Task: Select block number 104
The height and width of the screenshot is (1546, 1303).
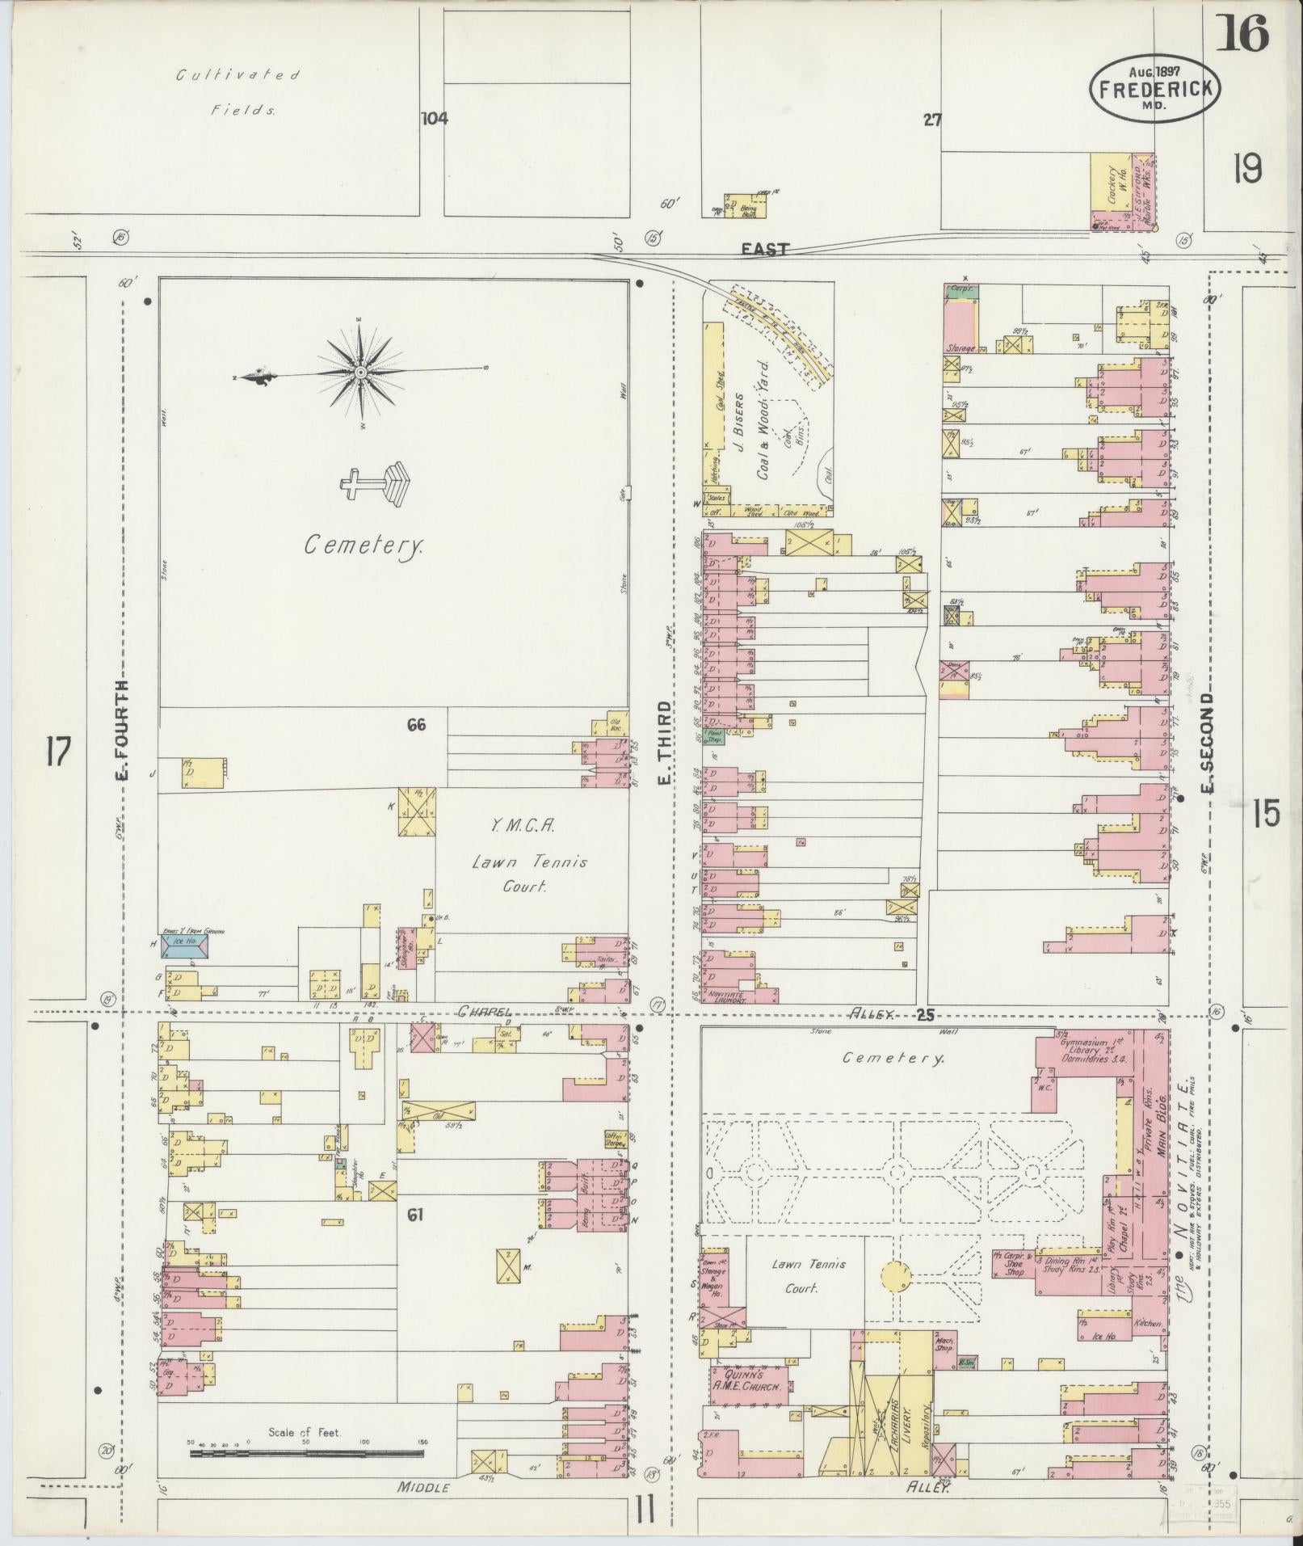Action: click(434, 119)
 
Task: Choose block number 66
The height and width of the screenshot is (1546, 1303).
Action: click(416, 725)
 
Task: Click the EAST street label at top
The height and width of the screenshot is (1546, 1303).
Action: click(765, 250)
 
